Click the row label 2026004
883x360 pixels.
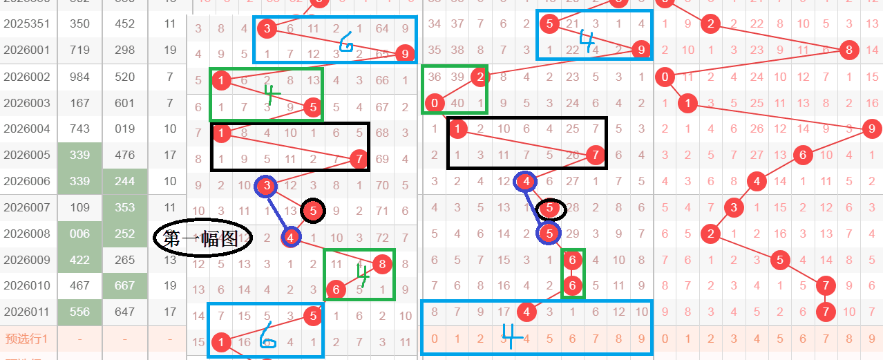click(26, 129)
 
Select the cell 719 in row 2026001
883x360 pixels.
click(80, 50)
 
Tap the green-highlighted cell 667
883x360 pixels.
click(125, 286)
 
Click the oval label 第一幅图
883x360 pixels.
click(200, 238)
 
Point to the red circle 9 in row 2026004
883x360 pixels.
click(871, 129)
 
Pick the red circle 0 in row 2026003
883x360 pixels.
click(435, 104)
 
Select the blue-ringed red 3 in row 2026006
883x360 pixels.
click(266, 184)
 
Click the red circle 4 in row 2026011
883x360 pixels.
click(526, 312)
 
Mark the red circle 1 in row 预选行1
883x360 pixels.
click(221, 341)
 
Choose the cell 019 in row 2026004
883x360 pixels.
click(125, 129)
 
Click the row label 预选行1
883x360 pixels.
click(26, 339)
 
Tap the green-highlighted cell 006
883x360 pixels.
click(80, 234)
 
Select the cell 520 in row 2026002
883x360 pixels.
click(125, 77)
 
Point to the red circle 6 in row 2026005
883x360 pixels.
click(802, 155)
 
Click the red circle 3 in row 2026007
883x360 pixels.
click(734, 207)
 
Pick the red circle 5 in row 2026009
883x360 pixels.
click(780, 260)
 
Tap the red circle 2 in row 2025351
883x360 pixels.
click(710, 24)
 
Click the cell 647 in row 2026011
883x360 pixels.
click(125, 312)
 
